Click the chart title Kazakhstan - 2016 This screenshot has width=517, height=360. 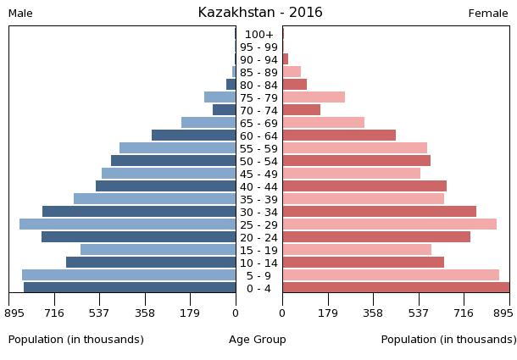(x=260, y=13)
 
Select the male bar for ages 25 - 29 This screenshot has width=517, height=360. (x=127, y=224)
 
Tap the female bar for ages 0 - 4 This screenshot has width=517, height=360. (x=396, y=288)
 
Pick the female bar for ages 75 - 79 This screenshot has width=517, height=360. (x=314, y=97)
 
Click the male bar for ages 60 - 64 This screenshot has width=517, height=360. (x=193, y=136)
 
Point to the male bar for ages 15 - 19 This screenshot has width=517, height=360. (x=158, y=250)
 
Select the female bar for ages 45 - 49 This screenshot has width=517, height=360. (x=351, y=174)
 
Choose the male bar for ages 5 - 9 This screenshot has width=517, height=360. (x=129, y=275)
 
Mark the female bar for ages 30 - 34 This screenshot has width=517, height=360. (x=379, y=212)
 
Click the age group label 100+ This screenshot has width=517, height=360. (x=258, y=35)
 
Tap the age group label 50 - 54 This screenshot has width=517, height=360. (x=258, y=161)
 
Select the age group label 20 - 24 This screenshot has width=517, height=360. (x=258, y=237)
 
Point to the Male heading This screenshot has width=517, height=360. (x=20, y=14)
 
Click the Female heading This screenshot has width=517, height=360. (x=488, y=14)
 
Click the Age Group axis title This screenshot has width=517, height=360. (x=258, y=340)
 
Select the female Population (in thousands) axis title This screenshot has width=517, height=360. (x=448, y=340)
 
